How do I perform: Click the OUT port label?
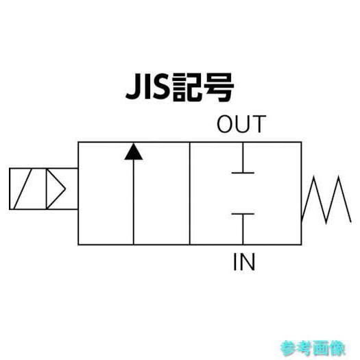coord(241,124)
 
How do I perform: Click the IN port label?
coord(244,262)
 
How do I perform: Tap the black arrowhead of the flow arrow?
coord(134,152)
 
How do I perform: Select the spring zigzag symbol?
coord(326,200)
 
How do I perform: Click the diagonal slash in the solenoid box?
coord(23,189)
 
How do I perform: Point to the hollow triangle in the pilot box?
coord(56,189)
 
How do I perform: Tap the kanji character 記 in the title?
coord(187,87)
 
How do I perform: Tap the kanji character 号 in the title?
coord(219,87)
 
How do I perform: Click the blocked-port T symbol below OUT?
coord(243,158)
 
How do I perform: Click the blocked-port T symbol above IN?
coord(243,229)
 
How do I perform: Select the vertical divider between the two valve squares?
coord(190,193)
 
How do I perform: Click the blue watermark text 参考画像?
coord(313,348)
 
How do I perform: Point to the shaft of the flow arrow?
coord(134,202)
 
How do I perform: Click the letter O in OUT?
coord(226,124)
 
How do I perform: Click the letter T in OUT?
coord(259,124)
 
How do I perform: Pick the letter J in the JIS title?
coord(133,87)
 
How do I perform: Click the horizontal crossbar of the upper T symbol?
coord(243,173)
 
